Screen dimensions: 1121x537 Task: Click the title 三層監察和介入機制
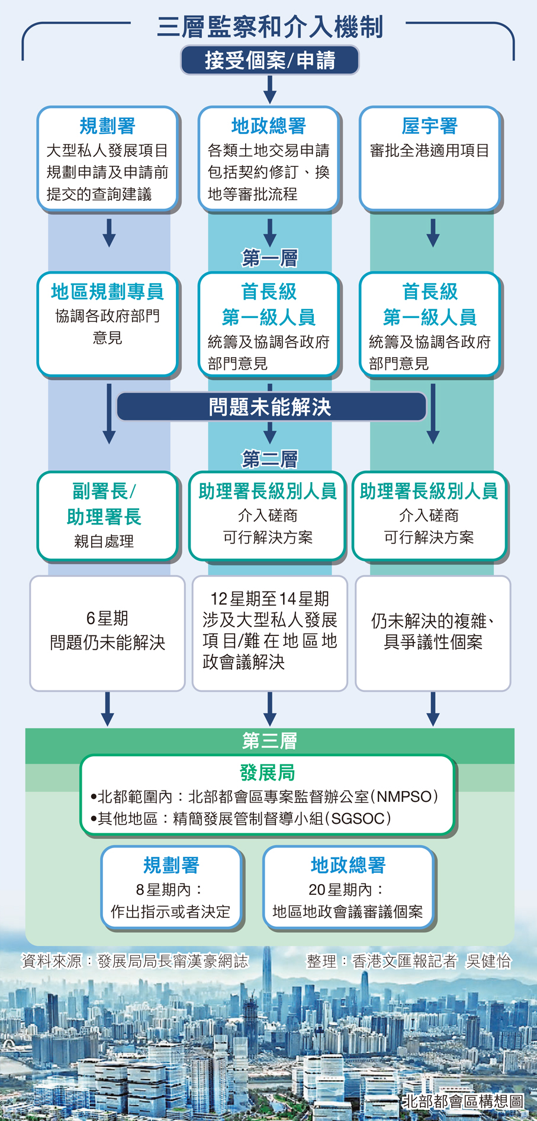[270, 27]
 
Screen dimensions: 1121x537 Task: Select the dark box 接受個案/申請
[270, 60]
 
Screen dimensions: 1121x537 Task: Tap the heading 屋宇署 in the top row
[430, 126]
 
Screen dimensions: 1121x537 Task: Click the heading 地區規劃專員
[107, 291]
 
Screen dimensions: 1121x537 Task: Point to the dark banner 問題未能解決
[270, 407]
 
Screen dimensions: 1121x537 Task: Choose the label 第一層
[270, 258]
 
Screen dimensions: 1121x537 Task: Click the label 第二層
[270, 459]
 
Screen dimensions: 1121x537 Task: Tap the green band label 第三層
[270, 740]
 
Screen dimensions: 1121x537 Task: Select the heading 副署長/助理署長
[104, 504]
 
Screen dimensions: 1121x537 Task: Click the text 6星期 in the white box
[107, 618]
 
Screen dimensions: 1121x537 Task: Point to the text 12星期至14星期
[270, 599]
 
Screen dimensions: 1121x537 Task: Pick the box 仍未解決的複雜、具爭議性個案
[433, 632]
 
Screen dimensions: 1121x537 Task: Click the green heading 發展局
[268, 773]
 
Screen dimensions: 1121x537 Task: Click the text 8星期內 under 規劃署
[170, 889]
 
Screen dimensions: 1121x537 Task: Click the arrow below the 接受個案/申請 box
[270, 89]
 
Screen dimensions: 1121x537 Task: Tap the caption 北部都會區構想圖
[463, 1101]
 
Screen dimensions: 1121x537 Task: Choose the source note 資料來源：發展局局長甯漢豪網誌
[135, 961]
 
